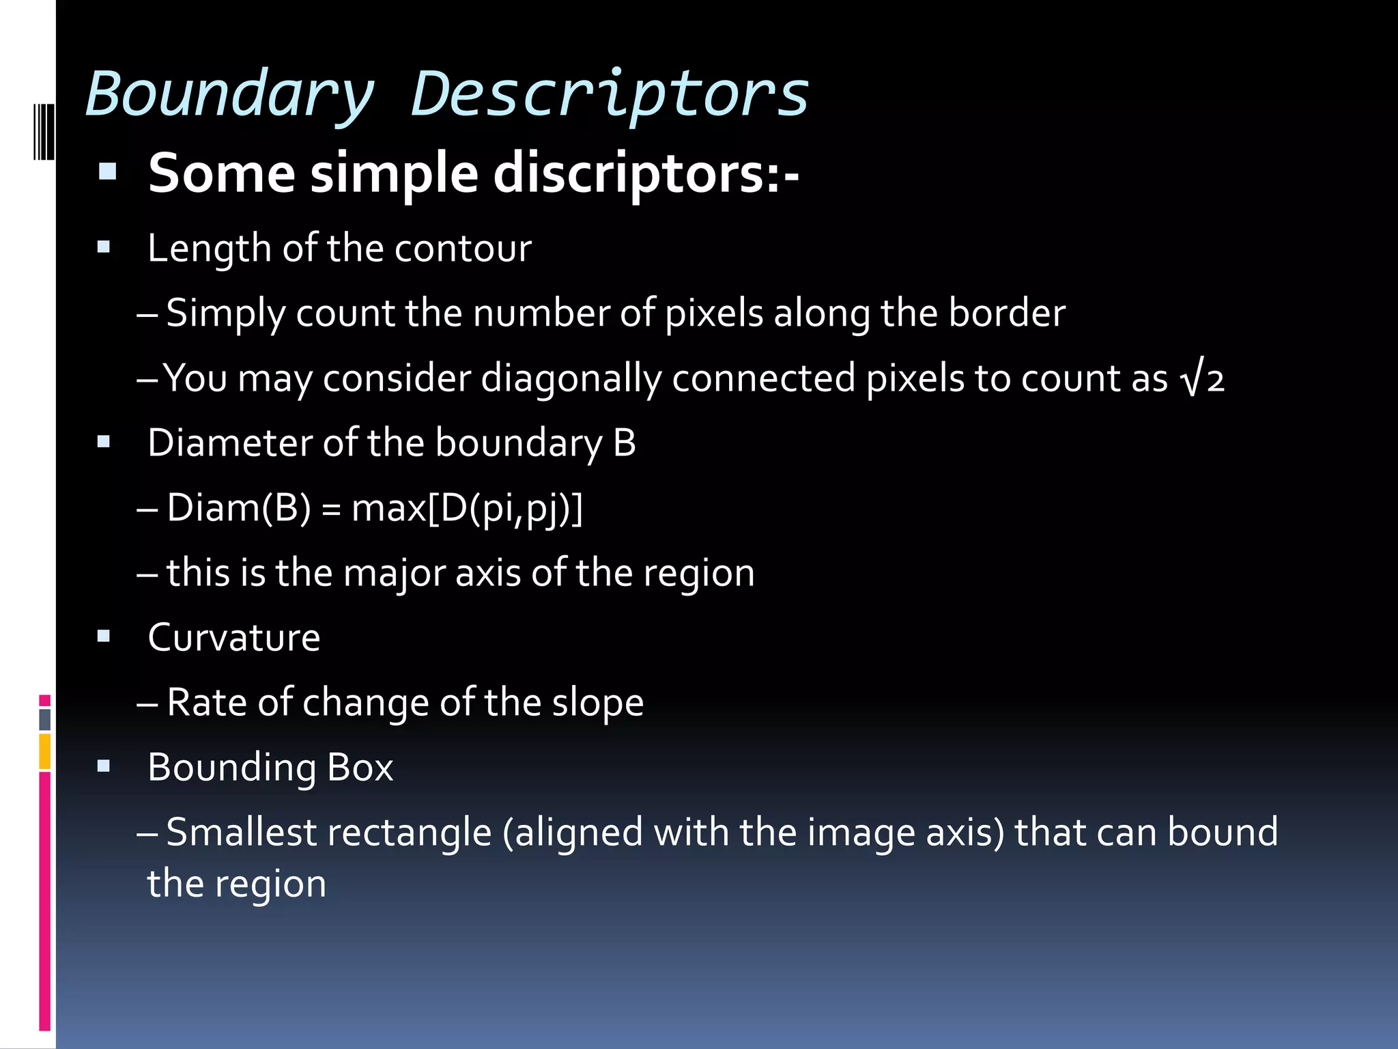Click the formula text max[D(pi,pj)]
(467, 508)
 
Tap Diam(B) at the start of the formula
(239, 508)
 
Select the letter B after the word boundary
(625, 443)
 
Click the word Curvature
(233, 638)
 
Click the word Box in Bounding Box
(360, 768)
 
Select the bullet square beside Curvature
(104, 637)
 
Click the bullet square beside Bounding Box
(104, 767)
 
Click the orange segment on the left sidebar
(44, 751)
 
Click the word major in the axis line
(394, 573)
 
